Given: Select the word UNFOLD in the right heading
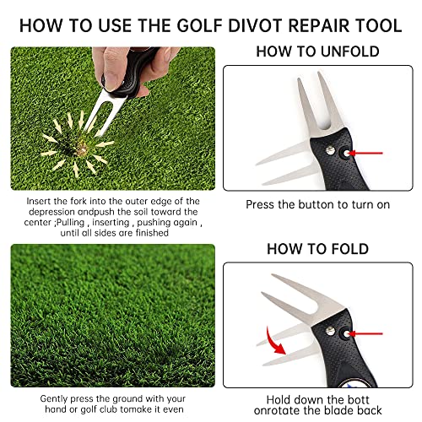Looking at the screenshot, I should [339, 51].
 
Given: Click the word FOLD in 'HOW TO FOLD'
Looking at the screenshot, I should [345, 249].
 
